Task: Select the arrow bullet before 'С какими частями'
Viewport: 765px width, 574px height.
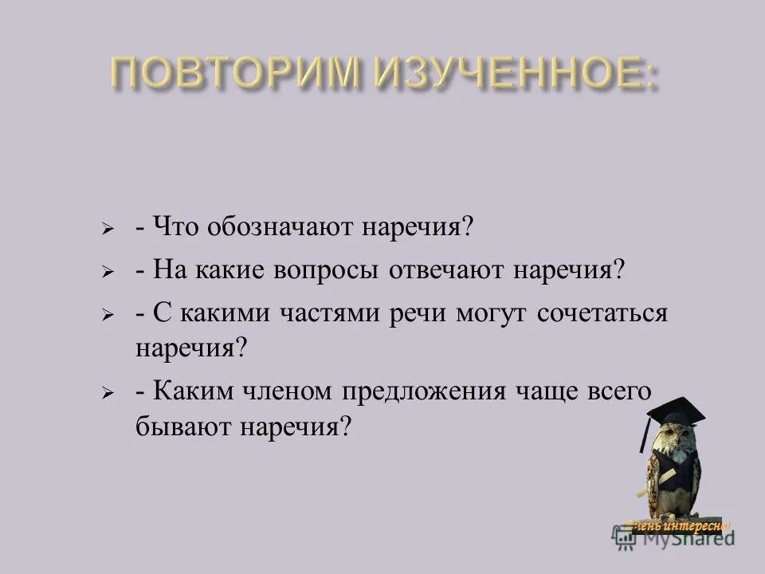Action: [x=108, y=314]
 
